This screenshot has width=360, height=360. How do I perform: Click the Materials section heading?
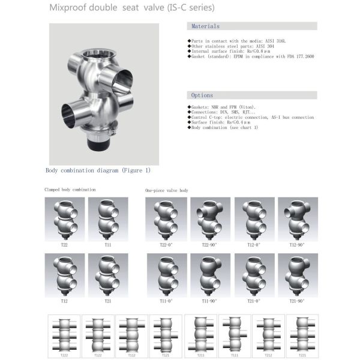[205, 26]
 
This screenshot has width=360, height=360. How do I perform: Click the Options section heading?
[202, 95]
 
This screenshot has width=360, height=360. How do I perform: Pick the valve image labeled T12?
[64, 274]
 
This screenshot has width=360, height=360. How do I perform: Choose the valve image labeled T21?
[107, 274]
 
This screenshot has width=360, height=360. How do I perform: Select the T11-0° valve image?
[166, 274]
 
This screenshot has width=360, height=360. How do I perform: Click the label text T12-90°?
[297, 245]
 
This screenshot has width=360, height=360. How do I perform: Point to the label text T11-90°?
[209, 301]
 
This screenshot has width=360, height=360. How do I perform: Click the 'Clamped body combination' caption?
[70, 190]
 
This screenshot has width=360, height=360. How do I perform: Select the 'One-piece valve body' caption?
[167, 191]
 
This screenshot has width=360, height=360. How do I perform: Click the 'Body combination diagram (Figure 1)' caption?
[98, 170]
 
